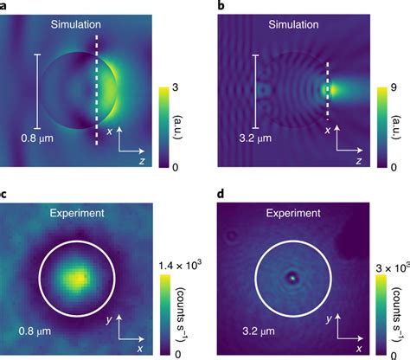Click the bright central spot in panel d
[292, 278]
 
